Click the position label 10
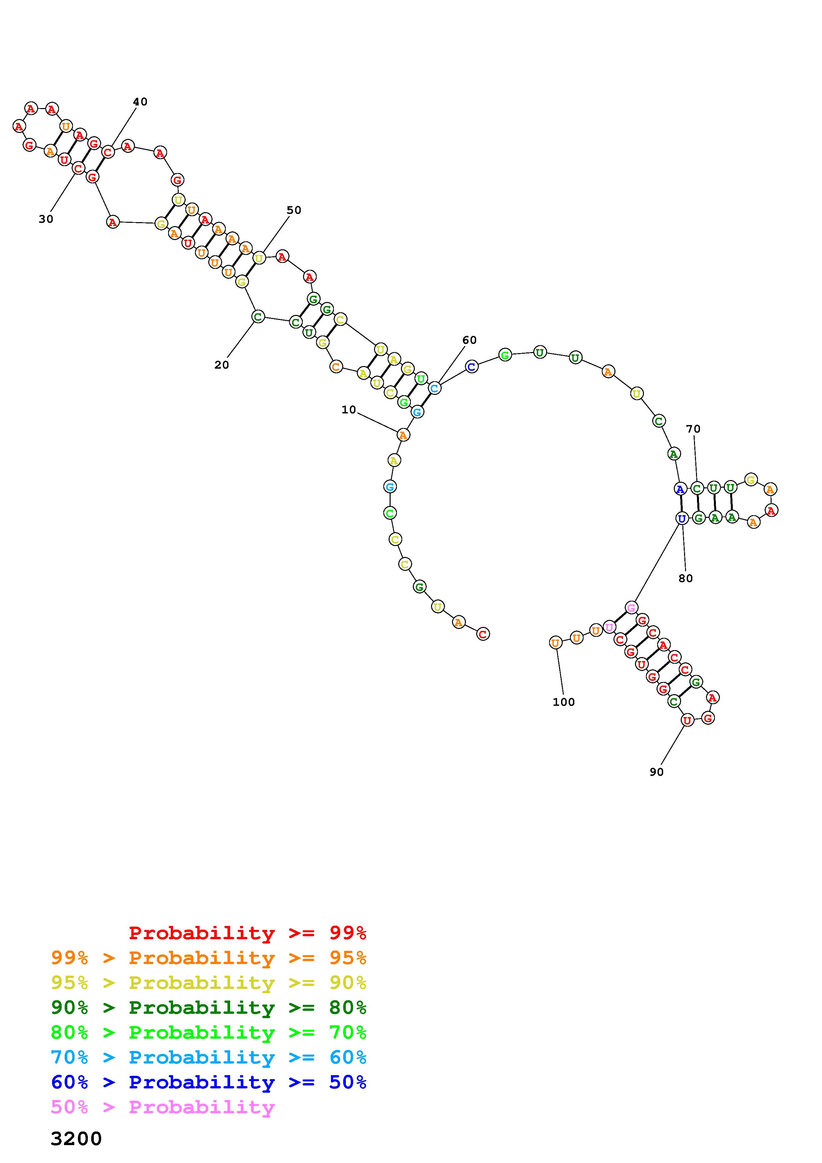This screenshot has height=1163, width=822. [348, 410]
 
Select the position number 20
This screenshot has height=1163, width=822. [221, 365]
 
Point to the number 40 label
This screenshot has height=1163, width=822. [140, 102]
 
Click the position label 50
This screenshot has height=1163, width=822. [294, 210]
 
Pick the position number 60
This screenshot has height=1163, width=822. [470, 340]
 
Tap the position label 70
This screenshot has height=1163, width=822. [693, 429]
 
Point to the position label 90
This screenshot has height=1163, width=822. [657, 772]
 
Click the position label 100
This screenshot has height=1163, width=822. [564, 702]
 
